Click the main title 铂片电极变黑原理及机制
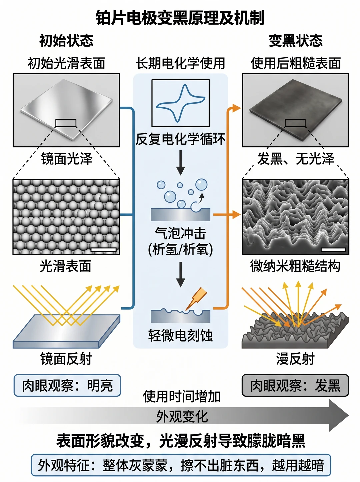[180, 18]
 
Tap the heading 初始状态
[66, 41]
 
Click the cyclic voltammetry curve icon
[180, 103]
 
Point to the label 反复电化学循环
[180, 139]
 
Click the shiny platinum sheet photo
[66, 110]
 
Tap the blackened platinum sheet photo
[295, 110]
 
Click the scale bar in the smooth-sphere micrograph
[103, 250]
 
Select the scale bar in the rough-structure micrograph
[333, 250]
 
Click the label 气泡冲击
[180, 233]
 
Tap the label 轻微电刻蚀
[180, 336]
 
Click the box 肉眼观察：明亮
[67, 385]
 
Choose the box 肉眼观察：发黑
[295, 385]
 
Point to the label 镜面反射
[66, 359]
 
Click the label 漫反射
[295, 359]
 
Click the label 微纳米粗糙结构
[295, 266]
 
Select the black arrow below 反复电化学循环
[180, 163]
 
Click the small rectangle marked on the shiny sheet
[66, 123]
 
